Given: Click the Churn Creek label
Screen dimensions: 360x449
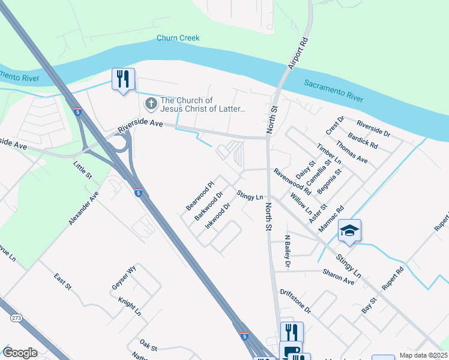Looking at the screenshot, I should click(x=178, y=38).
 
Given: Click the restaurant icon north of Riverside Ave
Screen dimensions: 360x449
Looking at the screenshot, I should click(x=123, y=79).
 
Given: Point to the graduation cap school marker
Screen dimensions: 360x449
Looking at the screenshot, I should click(x=349, y=230).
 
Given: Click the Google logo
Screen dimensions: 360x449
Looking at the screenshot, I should click(x=20, y=353).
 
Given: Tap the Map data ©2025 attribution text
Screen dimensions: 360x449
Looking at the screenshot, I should click(x=423, y=355).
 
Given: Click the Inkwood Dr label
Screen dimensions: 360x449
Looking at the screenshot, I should click(x=218, y=216).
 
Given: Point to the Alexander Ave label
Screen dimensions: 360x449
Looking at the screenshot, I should click(x=83, y=208).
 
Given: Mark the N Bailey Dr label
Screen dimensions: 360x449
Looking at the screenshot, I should click(x=288, y=250).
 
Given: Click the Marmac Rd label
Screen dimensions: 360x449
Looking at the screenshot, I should click(x=332, y=218).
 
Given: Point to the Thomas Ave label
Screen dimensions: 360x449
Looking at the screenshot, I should click(x=352, y=152).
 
